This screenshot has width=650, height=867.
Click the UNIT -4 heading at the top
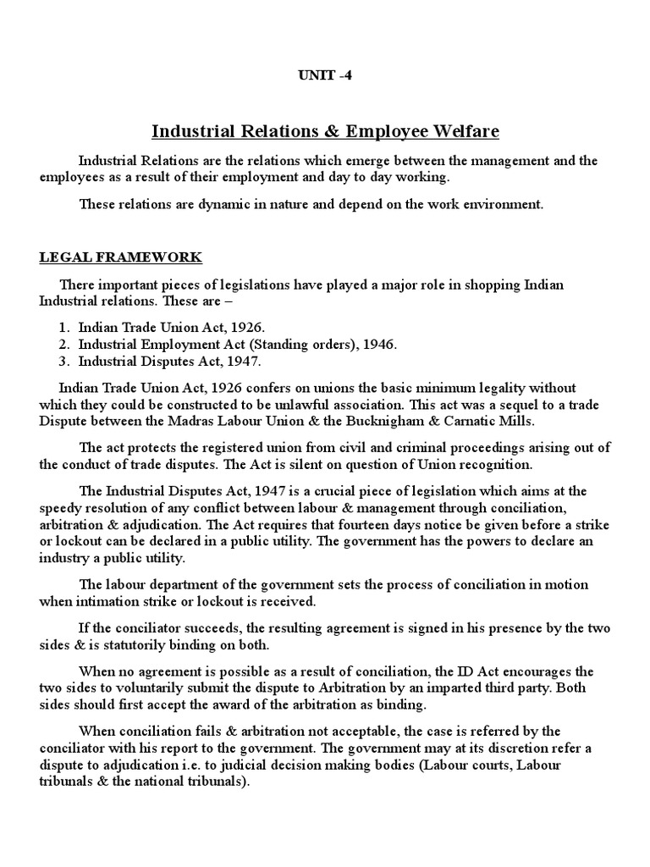325,75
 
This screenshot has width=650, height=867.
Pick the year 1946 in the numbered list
374,344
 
